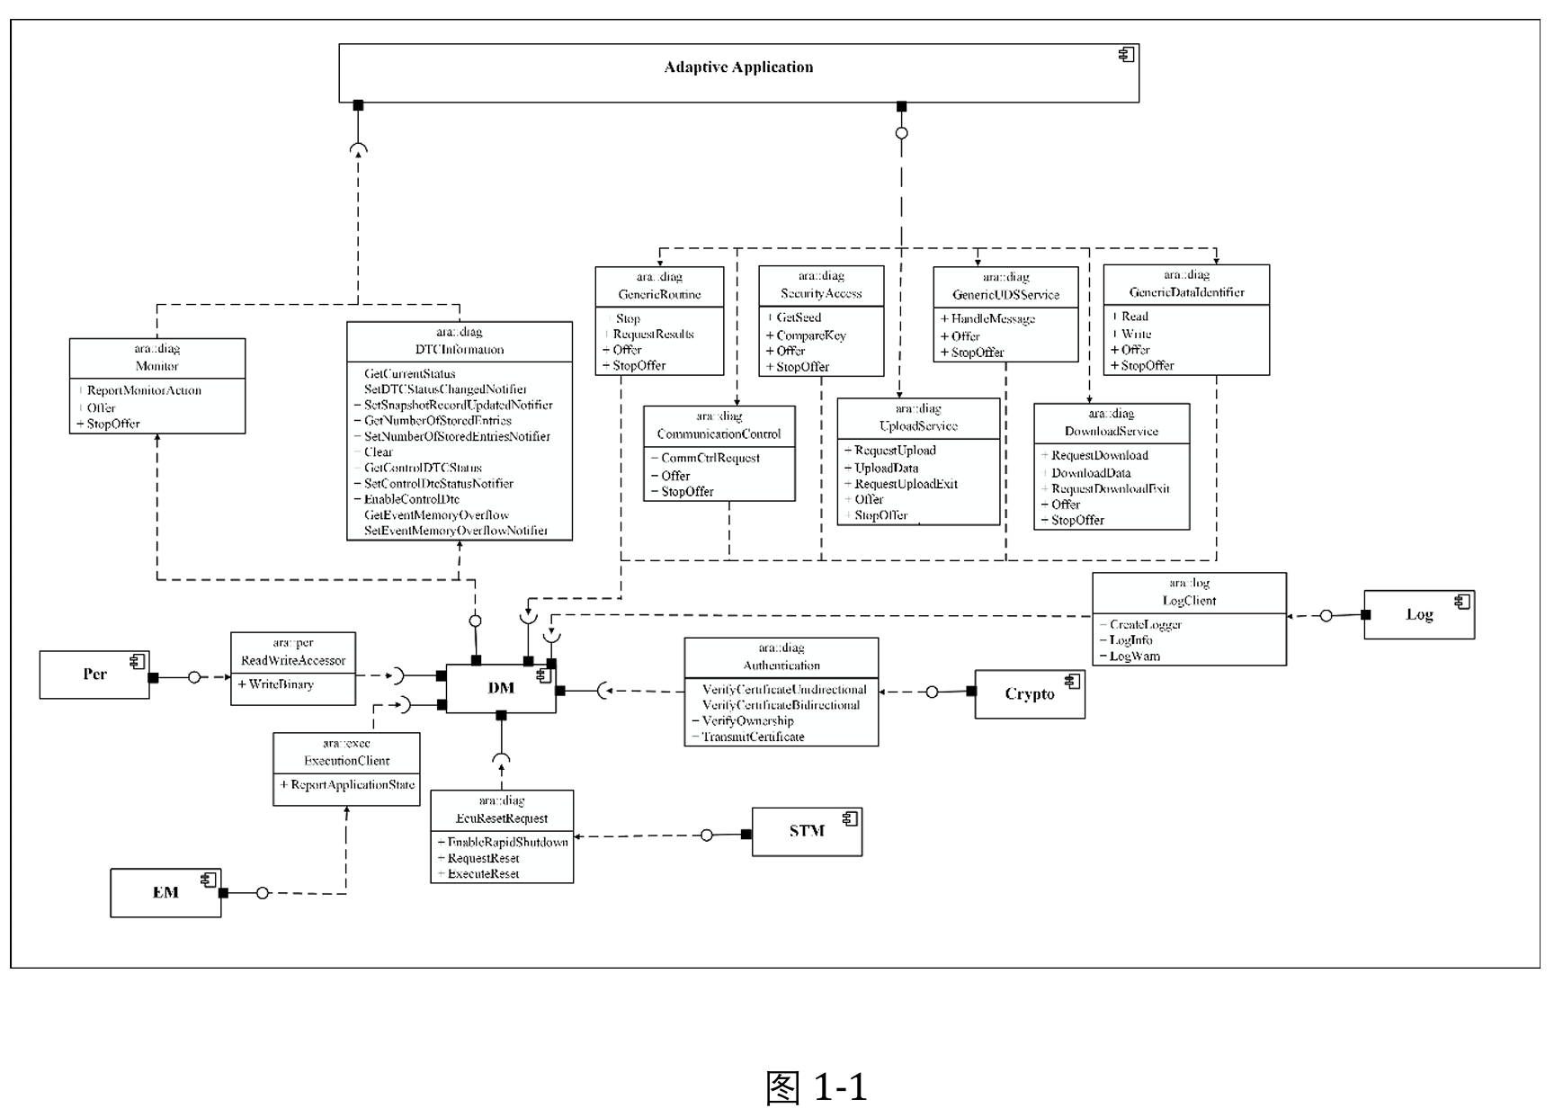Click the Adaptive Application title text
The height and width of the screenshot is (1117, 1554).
tap(738, 67)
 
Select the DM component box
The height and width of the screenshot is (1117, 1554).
tap(501, 688)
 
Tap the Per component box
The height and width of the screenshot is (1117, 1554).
tap(94, 675)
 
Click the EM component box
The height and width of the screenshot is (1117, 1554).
tap(165, 892)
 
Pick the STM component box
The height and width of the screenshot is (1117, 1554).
tap(807, 831)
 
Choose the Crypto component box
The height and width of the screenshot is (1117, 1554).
tap(1030, 694)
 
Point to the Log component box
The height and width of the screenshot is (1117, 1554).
tap(1419, 615)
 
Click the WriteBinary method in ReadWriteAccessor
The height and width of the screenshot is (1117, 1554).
tap(281, 684)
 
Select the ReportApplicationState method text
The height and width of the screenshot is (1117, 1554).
tap(353, 785)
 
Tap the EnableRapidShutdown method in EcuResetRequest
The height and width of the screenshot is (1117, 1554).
tap(507, 843)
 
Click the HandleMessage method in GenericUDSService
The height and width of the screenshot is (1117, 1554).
tap(993, 319)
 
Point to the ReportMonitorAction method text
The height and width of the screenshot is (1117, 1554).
tap(144, 391)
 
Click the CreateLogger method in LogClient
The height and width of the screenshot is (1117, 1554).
tap(1145, 625)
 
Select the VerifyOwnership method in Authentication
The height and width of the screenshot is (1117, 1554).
tap(747, 721)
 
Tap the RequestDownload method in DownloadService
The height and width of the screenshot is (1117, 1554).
tap(1099, 456)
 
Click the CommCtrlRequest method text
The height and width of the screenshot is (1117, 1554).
tap(710, 459)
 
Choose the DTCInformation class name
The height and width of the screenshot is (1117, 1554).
tap(460, 350)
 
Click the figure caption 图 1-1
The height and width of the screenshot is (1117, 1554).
tap(816, 1087)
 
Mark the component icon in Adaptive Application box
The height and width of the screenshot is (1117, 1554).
tap(1126, 56)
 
